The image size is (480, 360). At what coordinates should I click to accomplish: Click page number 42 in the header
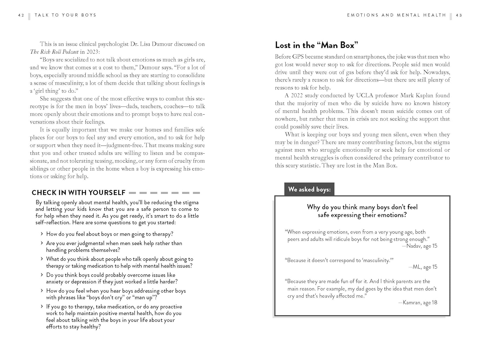point(21,15)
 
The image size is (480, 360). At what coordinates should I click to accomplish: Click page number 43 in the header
point(459,15)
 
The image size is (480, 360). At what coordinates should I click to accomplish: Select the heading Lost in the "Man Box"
point(316,45)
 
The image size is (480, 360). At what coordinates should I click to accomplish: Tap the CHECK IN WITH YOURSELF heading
point(78,193)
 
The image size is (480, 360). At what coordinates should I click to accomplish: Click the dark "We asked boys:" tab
point(309,189)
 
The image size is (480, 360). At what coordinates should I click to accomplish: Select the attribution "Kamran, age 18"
point(420,302)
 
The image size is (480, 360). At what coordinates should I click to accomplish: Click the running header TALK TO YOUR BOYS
point(65,15)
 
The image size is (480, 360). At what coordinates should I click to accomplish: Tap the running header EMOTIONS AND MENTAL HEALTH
point(396,15)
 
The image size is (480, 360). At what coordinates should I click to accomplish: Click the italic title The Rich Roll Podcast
point(54,52)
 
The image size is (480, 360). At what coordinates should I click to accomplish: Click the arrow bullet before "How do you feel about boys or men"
point(42,234)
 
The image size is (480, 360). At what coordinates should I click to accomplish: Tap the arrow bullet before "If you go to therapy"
point(42,307)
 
